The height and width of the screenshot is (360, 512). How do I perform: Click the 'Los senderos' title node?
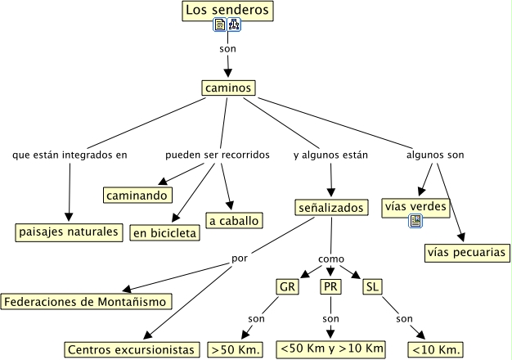[x=226, y=11]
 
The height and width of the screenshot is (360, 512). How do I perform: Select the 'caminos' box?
[x=228, y=88]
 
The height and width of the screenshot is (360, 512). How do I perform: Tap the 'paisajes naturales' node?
[x=70, y=232]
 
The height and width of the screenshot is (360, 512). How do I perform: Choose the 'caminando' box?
[x=137, y=195]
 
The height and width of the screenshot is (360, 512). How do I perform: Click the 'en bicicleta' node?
[x=164, y=233]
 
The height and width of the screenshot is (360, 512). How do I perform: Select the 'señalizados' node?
[x=331, y=209]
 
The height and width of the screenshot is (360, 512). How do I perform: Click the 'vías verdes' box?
[x=415, y=207]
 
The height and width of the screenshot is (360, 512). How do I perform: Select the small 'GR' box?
[x=287, y=287]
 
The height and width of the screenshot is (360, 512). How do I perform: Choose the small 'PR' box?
[x=330, y=287]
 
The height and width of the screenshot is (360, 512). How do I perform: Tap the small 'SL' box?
[x=372, y=287]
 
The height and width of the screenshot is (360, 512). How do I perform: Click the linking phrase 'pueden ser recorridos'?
[x=217, y=155]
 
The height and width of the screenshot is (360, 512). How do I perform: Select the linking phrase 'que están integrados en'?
[x=70, y=155]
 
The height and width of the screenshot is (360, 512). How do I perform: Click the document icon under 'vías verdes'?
[x=415, y=221]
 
